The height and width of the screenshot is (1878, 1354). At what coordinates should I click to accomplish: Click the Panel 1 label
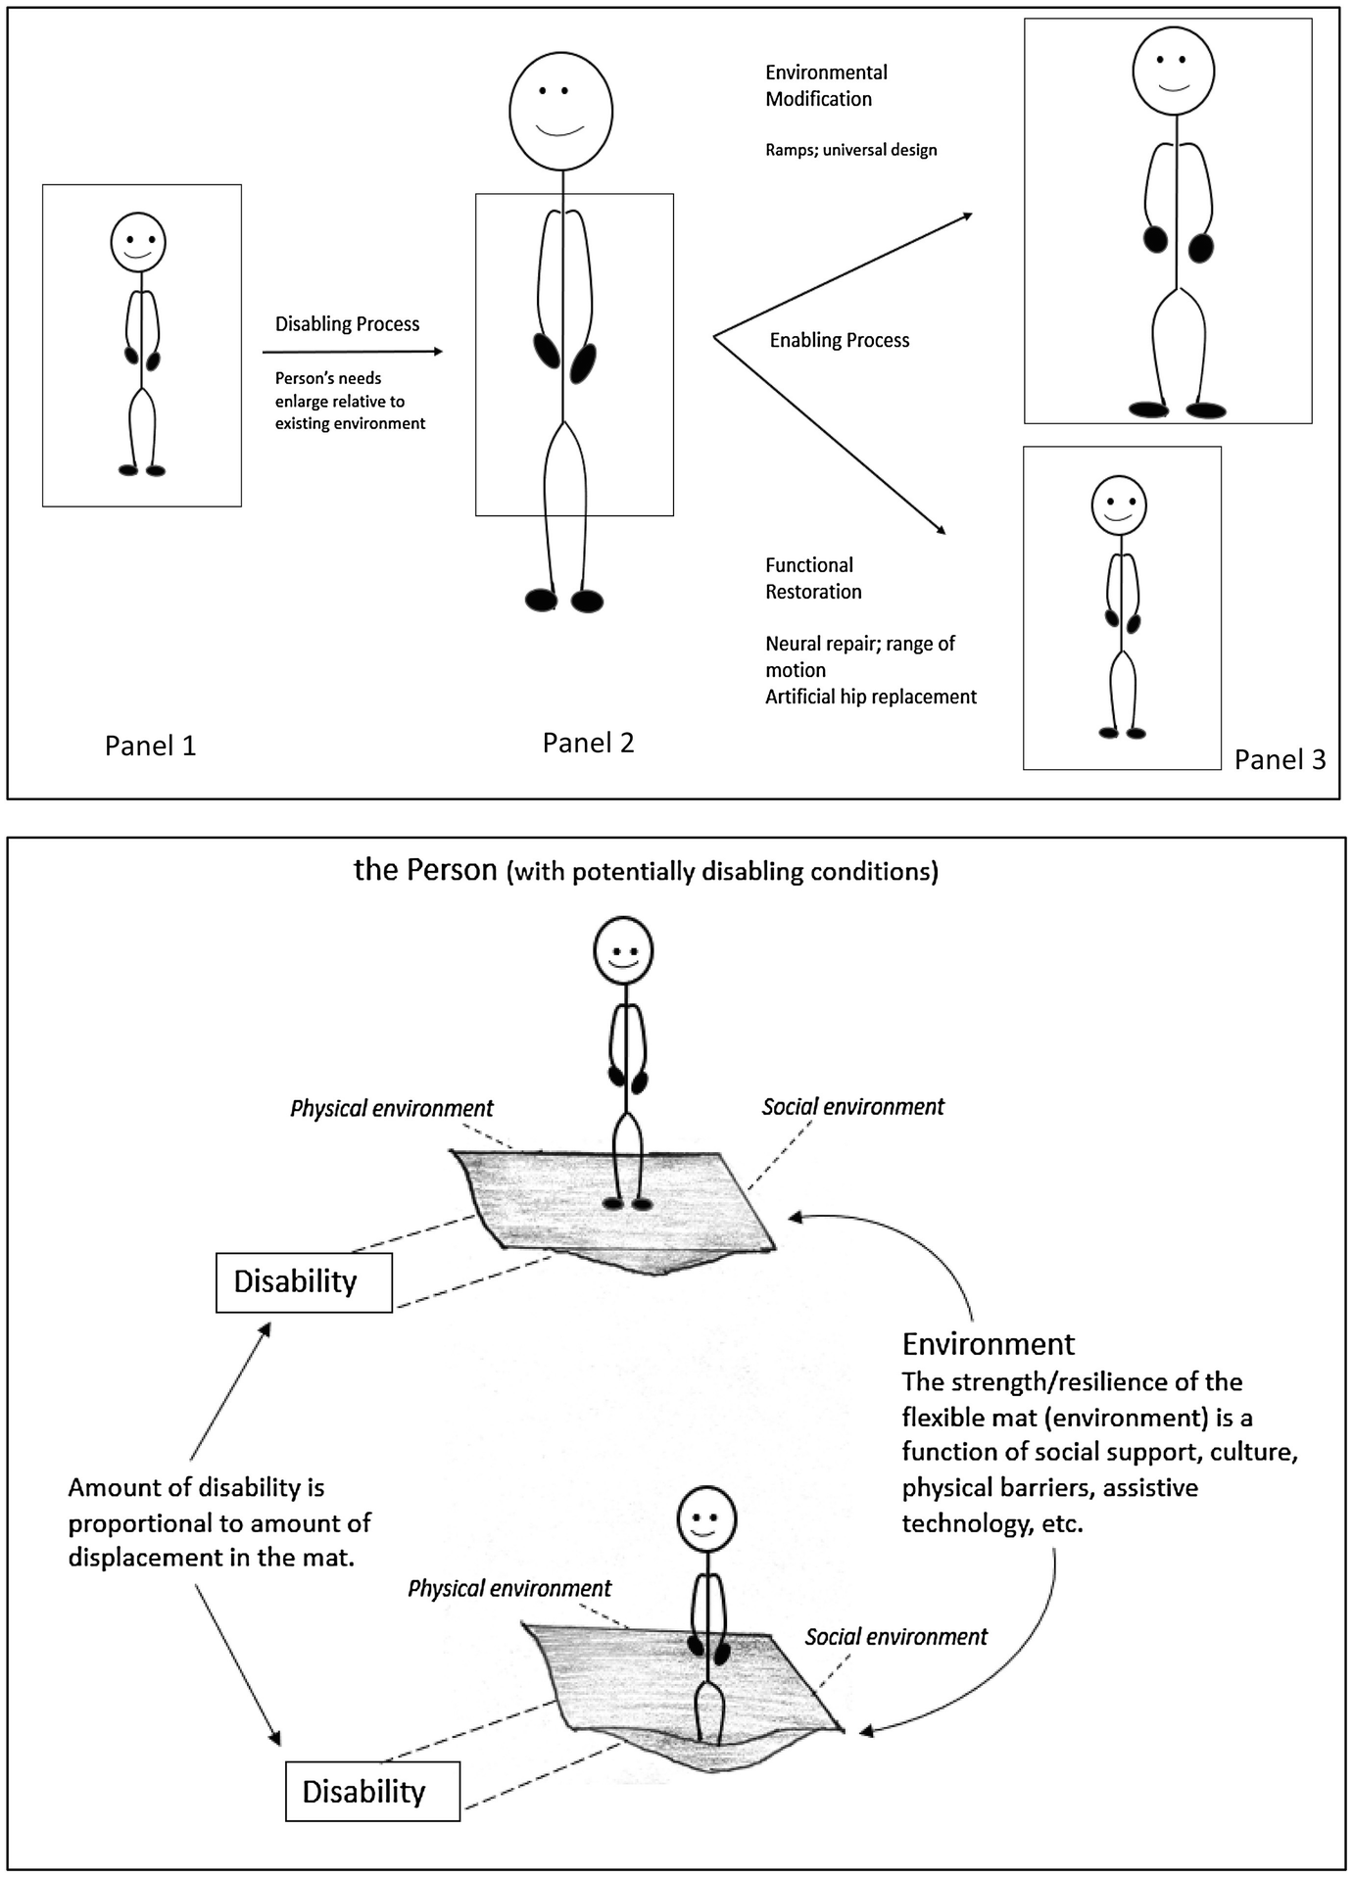150,746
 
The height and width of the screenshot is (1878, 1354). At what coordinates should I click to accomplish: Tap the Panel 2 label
588,744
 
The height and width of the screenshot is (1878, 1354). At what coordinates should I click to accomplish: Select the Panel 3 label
1279,760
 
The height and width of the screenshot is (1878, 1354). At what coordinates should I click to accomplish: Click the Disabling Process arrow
353,351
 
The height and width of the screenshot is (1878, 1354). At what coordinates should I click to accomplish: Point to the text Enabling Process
839,341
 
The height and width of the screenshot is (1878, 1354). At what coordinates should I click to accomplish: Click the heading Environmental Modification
826,86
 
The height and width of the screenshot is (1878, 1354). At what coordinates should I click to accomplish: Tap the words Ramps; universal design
850,150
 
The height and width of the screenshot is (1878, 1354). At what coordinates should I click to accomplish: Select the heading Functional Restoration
813,579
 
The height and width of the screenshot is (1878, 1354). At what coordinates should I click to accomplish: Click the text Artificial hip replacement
870,697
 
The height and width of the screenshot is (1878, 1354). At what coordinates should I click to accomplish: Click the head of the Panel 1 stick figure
138,242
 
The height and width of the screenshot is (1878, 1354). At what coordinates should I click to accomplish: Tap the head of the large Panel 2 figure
560,112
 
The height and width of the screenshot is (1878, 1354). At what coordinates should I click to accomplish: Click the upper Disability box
304,1281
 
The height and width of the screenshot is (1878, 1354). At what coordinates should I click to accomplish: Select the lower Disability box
372,1792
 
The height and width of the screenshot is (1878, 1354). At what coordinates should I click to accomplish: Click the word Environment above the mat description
988,1344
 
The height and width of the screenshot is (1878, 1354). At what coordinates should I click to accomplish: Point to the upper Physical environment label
391,1109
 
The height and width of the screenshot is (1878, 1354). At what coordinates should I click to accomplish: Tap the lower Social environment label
895,1637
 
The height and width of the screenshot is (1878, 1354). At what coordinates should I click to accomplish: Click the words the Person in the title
425,870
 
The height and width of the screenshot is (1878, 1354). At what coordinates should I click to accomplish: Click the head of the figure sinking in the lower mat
705,1519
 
